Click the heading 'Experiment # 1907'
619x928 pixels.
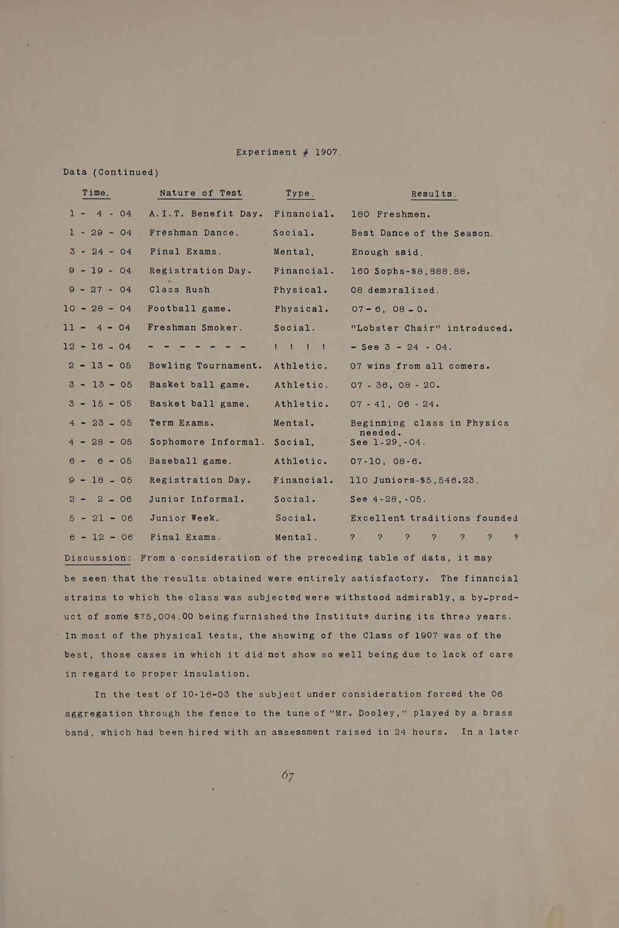coord(289,152)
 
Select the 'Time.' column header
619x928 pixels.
coord(96,193)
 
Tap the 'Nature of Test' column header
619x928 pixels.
coord(201,193)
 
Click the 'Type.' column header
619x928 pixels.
coord(300,194)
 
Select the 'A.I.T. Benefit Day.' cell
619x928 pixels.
coord(207,214)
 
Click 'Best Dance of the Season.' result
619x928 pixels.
coord(422,234)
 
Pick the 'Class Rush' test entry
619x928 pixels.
coord(180,290)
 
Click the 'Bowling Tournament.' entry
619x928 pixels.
coord(206,366)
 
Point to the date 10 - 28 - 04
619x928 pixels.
coord(97,309)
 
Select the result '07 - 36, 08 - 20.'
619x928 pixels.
coord(395,385)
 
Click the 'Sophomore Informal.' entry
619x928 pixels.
coord(207,442)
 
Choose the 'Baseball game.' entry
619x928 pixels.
coord(190,461)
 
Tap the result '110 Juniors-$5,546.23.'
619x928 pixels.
coord(415,480)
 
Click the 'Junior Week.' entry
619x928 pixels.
coord(184,518)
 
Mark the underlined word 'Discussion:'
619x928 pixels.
coord(98,558)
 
